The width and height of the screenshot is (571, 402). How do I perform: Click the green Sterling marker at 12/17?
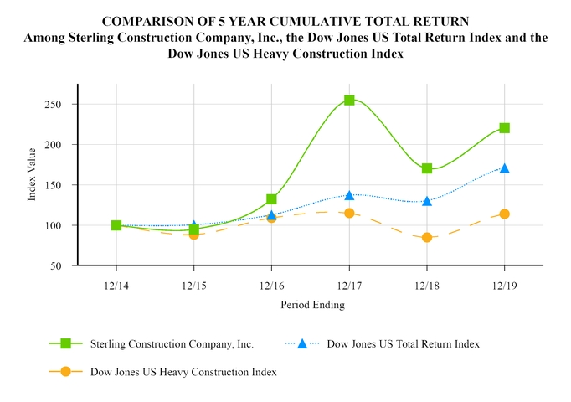(x=349, y=100)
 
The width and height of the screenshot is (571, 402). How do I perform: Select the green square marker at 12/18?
(x=427, y=168)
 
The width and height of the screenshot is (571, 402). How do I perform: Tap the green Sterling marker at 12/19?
(x=504, y=128)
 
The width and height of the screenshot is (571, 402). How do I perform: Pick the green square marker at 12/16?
(x=271, y=199)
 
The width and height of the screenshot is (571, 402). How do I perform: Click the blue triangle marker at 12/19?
(x=504, y=167)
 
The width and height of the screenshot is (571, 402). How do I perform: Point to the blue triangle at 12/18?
(x=427, y=201)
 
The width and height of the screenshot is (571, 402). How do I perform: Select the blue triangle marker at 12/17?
(x=349, y=194)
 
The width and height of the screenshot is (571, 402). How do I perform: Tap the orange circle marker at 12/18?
(x=427, y=238)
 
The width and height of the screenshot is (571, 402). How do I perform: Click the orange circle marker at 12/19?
(x=504, y=214)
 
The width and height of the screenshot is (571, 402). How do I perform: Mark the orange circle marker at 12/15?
(x=194, y=234)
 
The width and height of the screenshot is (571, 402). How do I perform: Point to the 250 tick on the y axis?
(x=61, y=105)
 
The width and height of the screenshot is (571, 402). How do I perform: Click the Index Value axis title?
(x=32, y=174)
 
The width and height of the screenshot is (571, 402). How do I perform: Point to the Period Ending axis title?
(x=311, y=305)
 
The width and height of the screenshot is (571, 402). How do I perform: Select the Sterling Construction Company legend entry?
(x=171, y=343)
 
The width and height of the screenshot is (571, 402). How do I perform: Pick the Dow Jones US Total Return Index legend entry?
(x=403, y=343)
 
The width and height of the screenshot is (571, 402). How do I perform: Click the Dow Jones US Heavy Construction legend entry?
(x=183, y=370)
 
